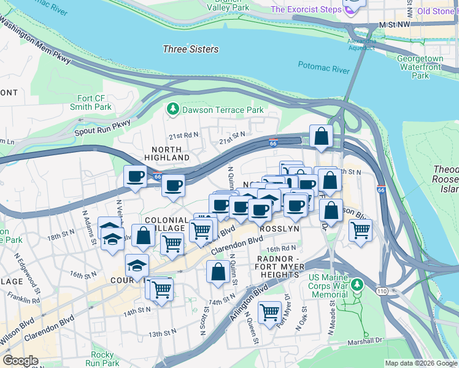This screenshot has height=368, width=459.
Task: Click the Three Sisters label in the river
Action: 191,49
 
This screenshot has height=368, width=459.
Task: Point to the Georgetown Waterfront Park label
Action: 420,67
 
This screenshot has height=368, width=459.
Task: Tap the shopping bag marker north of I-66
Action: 321,136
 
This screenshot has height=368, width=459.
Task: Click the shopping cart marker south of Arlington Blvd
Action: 269,312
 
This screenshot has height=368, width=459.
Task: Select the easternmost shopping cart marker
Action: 360,231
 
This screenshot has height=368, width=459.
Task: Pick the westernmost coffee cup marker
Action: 136,177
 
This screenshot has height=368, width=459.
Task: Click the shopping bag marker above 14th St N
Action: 218,271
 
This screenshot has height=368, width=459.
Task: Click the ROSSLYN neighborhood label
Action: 279,228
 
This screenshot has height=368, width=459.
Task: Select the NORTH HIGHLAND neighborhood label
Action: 166,153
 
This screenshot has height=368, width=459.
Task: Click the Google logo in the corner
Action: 20,361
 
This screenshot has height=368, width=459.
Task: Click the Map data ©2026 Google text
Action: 421,363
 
